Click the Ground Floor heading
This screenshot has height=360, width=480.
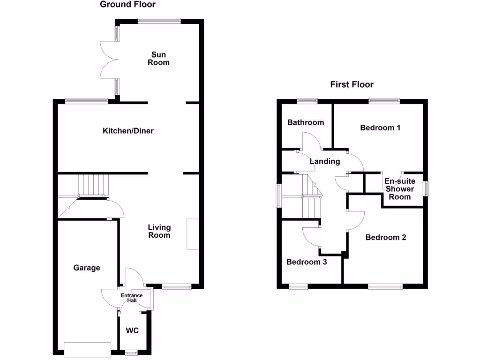(x=127, y=5)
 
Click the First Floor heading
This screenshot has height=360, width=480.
(x=352, y=84)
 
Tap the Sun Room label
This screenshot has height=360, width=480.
(x=158, y=59)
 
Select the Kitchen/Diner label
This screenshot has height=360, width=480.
(x=128, y=131)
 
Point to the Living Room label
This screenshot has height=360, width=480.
(x=159, y=231)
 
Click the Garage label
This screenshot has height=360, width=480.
(x=87, y=268)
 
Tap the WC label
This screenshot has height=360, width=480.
(x=133, y=330)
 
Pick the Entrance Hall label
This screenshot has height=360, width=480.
(x=132, y=298)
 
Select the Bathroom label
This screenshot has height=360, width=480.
(x=306, y=122)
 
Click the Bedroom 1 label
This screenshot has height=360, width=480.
(x=380, y=127)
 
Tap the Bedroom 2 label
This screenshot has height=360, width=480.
(x=386, y=237)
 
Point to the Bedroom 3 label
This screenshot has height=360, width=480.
(x=307, y=262)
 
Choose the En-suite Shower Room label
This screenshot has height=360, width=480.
(x=399, y=189)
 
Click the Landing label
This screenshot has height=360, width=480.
(x=325, y=161)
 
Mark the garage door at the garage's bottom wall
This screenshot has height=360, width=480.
(x=88, y=349)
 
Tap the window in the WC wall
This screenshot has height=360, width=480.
(x=131, y=352)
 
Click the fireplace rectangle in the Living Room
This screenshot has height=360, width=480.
(x=192, y=234)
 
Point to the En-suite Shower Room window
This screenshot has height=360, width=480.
(x=426, y=188)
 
